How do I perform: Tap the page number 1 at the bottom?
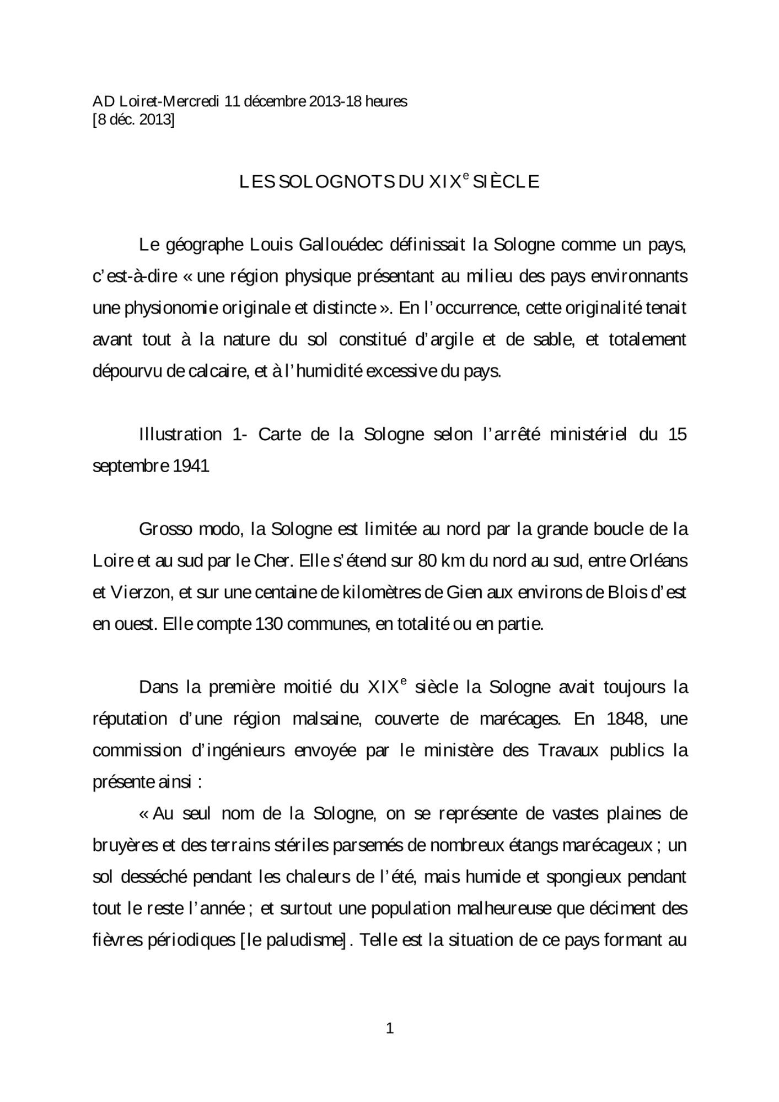(390, 1028)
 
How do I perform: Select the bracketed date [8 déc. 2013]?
(133, 120)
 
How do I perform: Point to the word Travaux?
(568, 751)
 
